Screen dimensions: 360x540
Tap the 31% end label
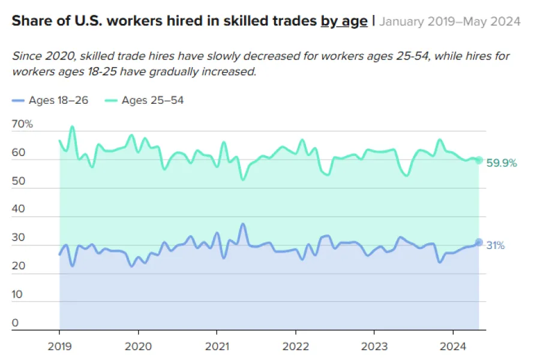pyautogui.click(x=495, y=245)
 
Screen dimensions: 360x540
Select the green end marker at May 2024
pyautogui.click(x=479, y=160)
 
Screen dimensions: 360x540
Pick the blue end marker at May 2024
pyautogui.click(x=479, y=242)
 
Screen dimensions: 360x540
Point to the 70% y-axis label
pyautogui.click(x=22, y=124)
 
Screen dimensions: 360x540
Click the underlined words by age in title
pyautogui.click(x=344, y=22)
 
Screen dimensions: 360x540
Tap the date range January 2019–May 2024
pyautogui.click(x=450, y=22)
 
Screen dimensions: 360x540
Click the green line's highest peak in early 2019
pyautogui.click(x=72, y=127)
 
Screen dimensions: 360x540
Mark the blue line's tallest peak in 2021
pyautogui.click(x=242, y=224)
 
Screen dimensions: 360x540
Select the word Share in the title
pyautogui.click(x=28, y=22)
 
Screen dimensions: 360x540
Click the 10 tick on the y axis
pyautogui.click(x=17, y=295)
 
